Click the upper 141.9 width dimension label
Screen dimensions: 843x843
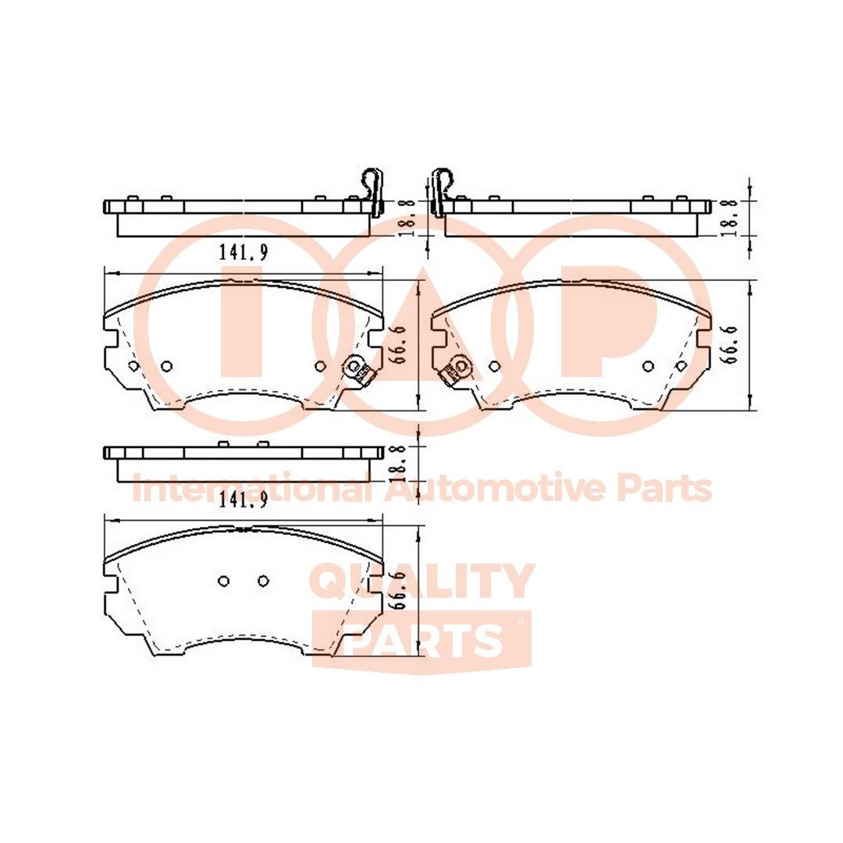244,253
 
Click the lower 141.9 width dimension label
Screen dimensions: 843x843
244,501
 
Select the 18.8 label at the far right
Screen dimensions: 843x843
730,219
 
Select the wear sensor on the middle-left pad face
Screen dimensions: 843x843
357,370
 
